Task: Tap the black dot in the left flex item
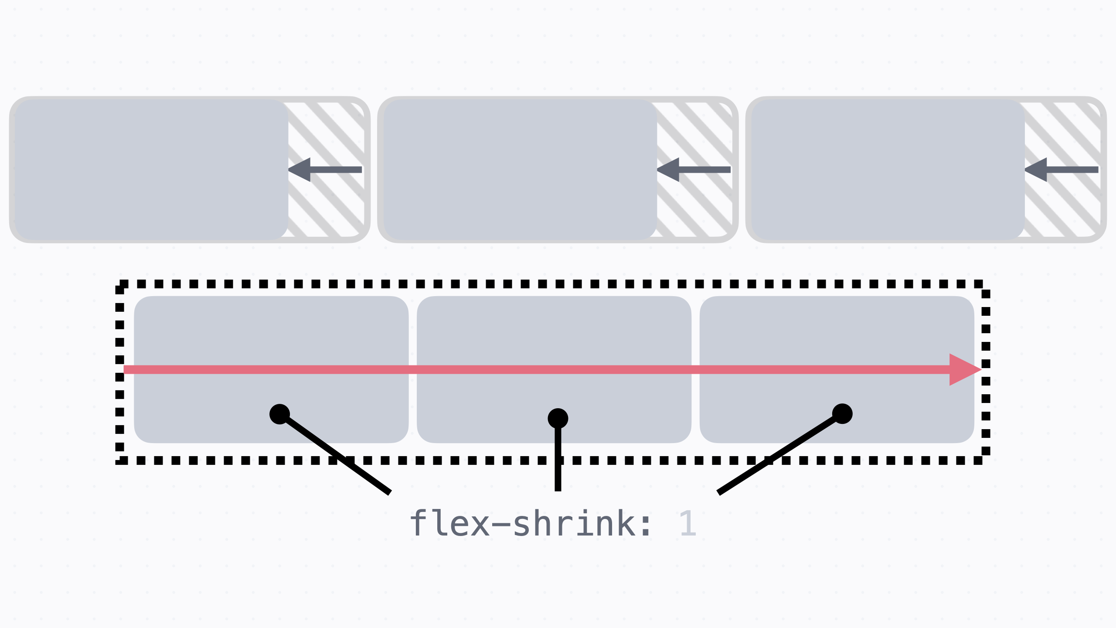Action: pyautogui.click(x=279, y=414)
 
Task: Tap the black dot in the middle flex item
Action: pyautogui.click(x=558, y=419)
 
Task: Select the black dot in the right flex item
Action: pyautogui.click(x=842, y=413)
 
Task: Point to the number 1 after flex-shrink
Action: pyautogui.click(x=687, y=523)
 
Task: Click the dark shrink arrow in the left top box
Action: pyautogui.click(x=325, y=170)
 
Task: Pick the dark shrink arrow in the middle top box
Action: pyautogui.click(x=694, y=170)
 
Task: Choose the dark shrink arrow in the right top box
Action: pyautogui.click(x=1062, y=170)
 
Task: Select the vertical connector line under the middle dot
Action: pyautogui.click(x=558, y=462)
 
